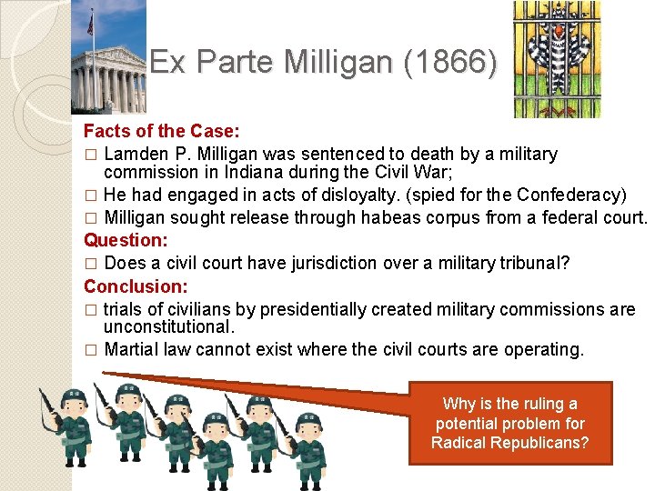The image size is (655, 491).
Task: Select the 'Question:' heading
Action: (x=126, y=240)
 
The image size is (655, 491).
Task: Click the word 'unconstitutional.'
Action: (x=169, y=326)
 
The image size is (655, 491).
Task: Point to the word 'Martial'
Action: (x=133, y=348)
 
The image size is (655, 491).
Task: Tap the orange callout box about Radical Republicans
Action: (x=509, y=423)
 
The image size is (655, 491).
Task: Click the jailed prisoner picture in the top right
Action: (x=557, y=59)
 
